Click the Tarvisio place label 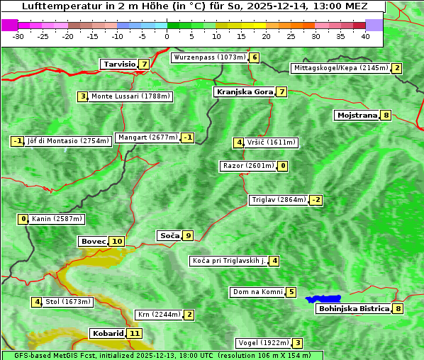(x=118, y=64)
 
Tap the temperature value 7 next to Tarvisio (x=144, y=64)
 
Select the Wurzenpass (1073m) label (x=210, y=57)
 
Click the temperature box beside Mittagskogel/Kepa (x=397, y=68)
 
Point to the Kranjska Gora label (x=244, y=91)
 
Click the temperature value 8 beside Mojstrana (x=386, y=115)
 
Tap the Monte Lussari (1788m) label (x=130, y=96)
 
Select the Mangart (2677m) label (x=147, y=137)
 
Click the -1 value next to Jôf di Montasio (x=18, y=140)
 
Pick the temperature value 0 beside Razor (x=283, y=166)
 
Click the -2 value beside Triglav (x=316, y=200)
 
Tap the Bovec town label (x=93, y=241)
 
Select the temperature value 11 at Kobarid (x=135, y=333)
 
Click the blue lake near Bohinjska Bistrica (x=324, y=299)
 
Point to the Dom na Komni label (x=257, y=292)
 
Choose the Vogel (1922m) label (x=262, y=343)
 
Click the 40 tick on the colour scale (x=365, y=36)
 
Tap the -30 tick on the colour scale (x=18, y=36)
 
